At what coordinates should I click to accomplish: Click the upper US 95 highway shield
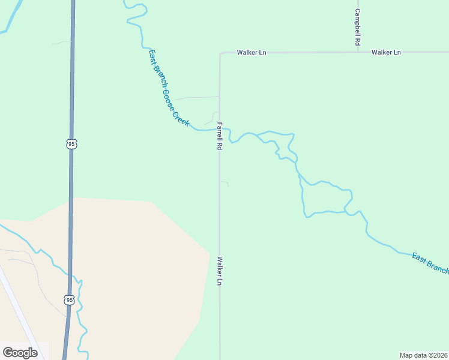click(71, 144)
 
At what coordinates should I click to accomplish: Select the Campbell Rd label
click(357, 27)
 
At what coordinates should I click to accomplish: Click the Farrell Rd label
click(220, 136)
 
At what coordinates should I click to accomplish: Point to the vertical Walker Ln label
click(220, 271)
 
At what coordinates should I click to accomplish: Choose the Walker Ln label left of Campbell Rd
click(251, 53)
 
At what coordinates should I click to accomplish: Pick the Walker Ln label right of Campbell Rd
click(385, 53)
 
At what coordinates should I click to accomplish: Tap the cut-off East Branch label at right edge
click(430, 264)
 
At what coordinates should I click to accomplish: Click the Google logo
click(20, 352)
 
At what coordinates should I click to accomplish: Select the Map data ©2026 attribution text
click(423, 355)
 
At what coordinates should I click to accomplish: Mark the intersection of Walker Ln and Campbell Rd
click(358, 52)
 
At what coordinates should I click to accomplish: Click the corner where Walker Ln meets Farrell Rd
click(220, 53)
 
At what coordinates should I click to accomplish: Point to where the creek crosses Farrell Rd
click(220, 129)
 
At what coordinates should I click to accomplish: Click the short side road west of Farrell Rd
click(196, 97)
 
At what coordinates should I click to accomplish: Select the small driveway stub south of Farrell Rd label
click(224, 182)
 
